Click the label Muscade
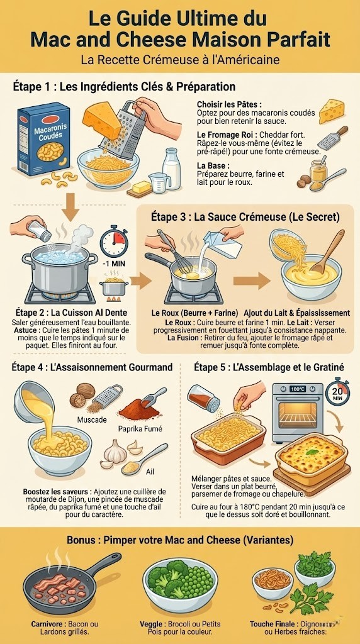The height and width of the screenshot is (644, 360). click(92, 419)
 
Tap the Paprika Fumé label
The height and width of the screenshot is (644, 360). click(140, 429)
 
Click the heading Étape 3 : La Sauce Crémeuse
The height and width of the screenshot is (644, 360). click(245, 217)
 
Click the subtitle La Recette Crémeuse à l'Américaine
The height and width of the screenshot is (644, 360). click(180, 60)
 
